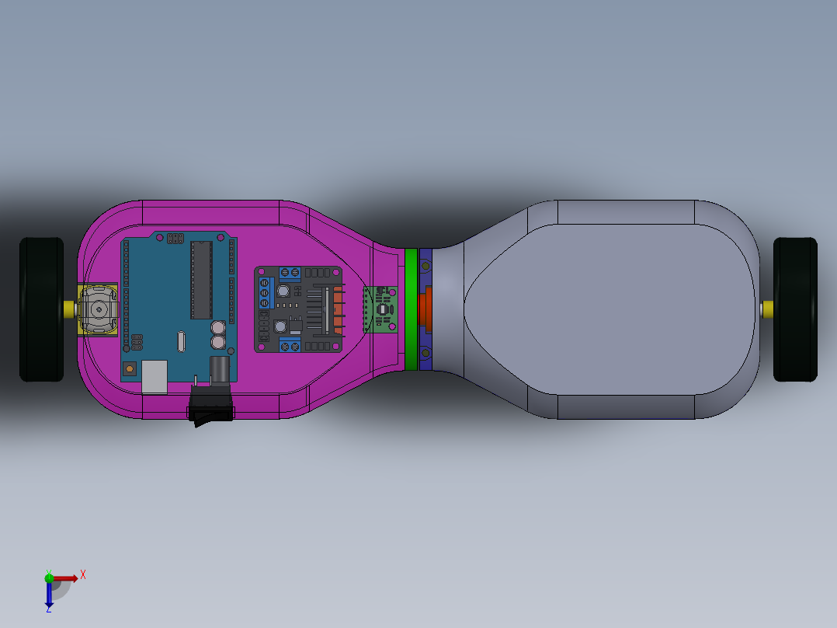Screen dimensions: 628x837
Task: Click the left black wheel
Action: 41,309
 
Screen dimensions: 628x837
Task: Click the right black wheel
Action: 795,309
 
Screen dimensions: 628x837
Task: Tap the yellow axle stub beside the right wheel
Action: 767,309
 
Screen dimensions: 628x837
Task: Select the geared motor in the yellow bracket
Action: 99,309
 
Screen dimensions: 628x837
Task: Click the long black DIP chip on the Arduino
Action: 201,280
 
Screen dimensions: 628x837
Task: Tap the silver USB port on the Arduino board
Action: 155,375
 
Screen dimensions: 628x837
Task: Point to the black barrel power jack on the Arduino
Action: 220,367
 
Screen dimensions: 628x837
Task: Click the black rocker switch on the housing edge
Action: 212,413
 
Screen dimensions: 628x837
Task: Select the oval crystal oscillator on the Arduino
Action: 181,340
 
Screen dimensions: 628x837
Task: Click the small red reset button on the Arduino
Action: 130,367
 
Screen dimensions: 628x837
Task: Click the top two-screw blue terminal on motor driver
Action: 290,272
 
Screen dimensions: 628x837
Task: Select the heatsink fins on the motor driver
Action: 336,309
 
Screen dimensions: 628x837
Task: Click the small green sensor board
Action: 381,309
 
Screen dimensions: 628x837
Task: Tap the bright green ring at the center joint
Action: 411,309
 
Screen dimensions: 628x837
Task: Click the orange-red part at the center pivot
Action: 426,309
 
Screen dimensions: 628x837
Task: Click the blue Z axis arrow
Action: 49,597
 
